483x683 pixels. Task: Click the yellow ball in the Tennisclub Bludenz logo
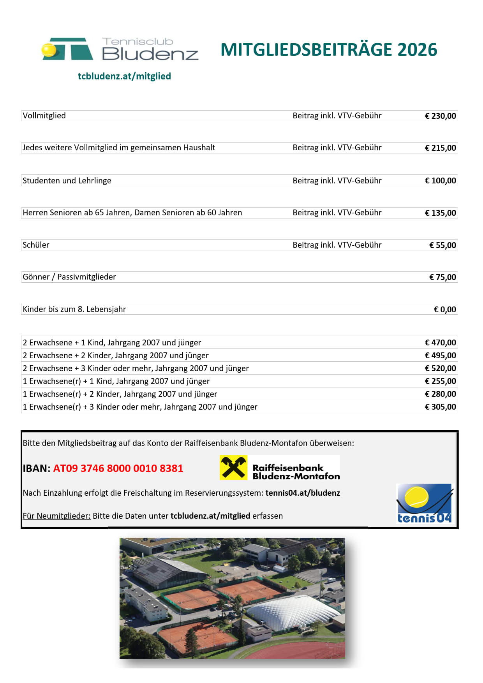(49, 50)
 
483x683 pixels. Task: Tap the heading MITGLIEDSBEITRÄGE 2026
(329, 50)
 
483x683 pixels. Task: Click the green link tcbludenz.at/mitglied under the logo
(124, 76)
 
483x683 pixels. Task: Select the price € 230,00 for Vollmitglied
(440, 116)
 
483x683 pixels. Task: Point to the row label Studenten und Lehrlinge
(67, 181)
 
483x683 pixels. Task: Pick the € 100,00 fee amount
(440, 181)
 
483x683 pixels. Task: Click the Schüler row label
(36, 245)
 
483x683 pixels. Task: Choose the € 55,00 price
(442, 245)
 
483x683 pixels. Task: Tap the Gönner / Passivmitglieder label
(69, 277)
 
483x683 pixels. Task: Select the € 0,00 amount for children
(445, 310)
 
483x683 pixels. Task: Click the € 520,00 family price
(440, 368)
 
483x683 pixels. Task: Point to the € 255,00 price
(440, 381)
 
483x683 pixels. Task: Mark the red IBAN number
(118, 468)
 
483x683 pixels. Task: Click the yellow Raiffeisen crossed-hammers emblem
(233, 467)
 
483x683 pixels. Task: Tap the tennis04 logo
(424, 503)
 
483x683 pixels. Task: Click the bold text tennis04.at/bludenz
(303, 493)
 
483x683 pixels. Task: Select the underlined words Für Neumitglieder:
(56, 516)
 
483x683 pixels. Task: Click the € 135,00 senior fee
(440, 213)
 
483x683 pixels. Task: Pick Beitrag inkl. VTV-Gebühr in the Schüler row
(337, 245)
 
